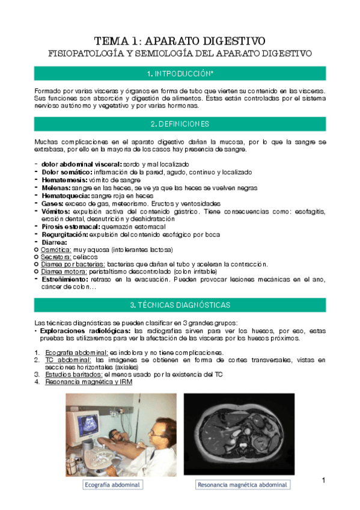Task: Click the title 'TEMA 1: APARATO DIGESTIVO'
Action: tap(180, 41)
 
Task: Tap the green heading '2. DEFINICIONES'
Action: tap(180, 124)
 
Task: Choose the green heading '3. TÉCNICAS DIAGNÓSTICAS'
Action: tap(180, 304)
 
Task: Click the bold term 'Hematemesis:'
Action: tap(64, 180)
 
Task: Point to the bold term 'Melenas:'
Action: tap(56, 188)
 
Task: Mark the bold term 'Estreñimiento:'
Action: tap(66, 279)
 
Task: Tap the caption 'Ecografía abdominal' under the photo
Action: tap(112, 484)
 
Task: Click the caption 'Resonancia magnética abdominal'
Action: tap(242, 484)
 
